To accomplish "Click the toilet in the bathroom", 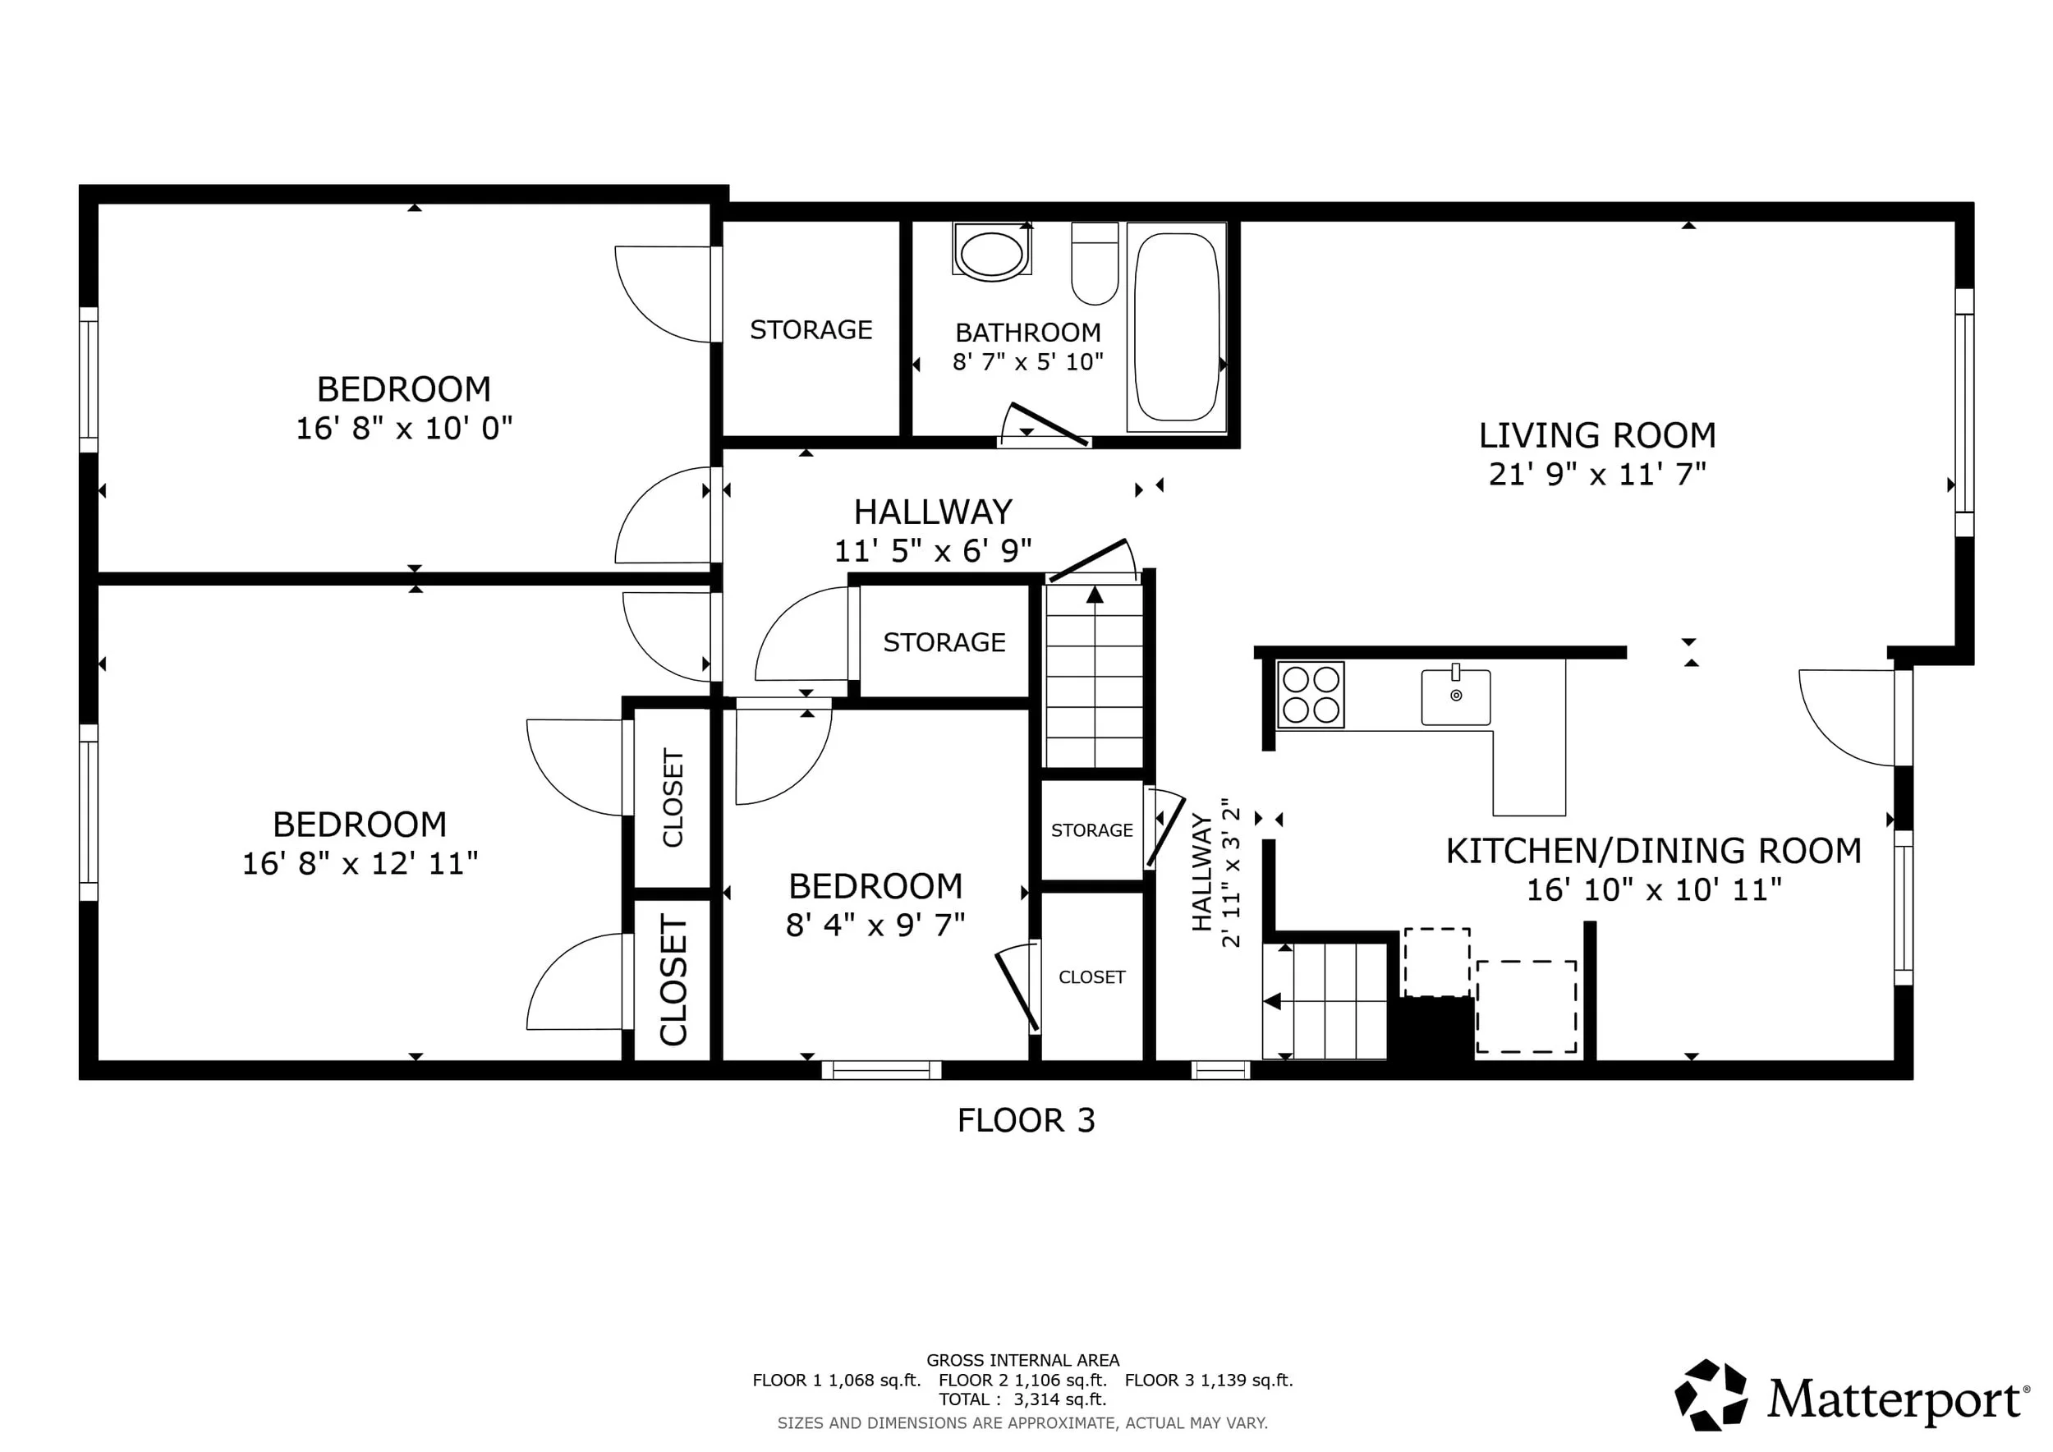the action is [x=1095, y=264].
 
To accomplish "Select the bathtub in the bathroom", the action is [x=1176, y=327].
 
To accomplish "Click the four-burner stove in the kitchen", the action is [x=1310, y=694].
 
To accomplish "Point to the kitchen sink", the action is [x=1456, y=696].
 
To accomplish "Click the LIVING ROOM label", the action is [x=1597, y=435].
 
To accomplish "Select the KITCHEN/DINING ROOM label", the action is [x=1653, y=850].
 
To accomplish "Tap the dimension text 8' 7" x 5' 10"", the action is [x=1027, y=362].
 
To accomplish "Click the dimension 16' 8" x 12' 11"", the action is [x=360, y=864].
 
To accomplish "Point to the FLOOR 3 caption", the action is [x=1026, y=1120].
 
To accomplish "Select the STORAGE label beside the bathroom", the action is [x=811, y=330].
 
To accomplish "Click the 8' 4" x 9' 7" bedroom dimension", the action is [x=875, y=926].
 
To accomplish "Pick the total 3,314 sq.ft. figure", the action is [x=1059, y=1399].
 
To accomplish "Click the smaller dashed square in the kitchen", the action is [x=1437, y=962].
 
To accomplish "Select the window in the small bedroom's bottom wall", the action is [x=882, y=1069].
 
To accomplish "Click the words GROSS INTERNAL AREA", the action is [x=1023, y=1360].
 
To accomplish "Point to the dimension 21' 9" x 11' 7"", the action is [x=1597, y=474].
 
